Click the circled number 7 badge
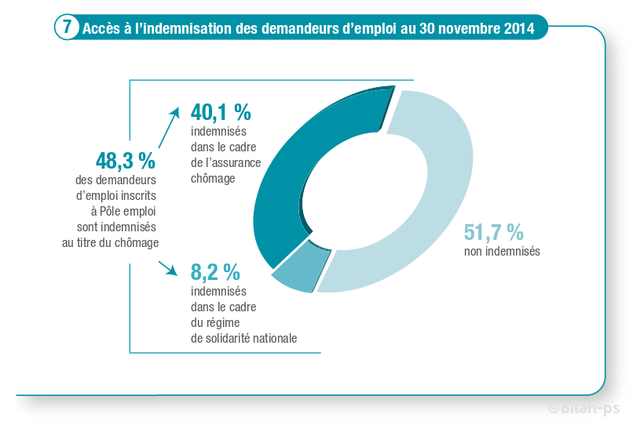click(x=67, y=28)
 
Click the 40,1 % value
click(x=221, y=113)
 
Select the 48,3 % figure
click(x=126, y=161)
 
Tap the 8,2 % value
click(x=215, y=272)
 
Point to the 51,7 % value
click(x=493, y=232)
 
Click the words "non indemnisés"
click(x=502, y=252)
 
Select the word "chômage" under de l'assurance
click(x=213, y=179)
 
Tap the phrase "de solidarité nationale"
click(x=243, y=338)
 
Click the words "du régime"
click(x=214, y=322)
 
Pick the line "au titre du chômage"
click(x=111, y=242)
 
